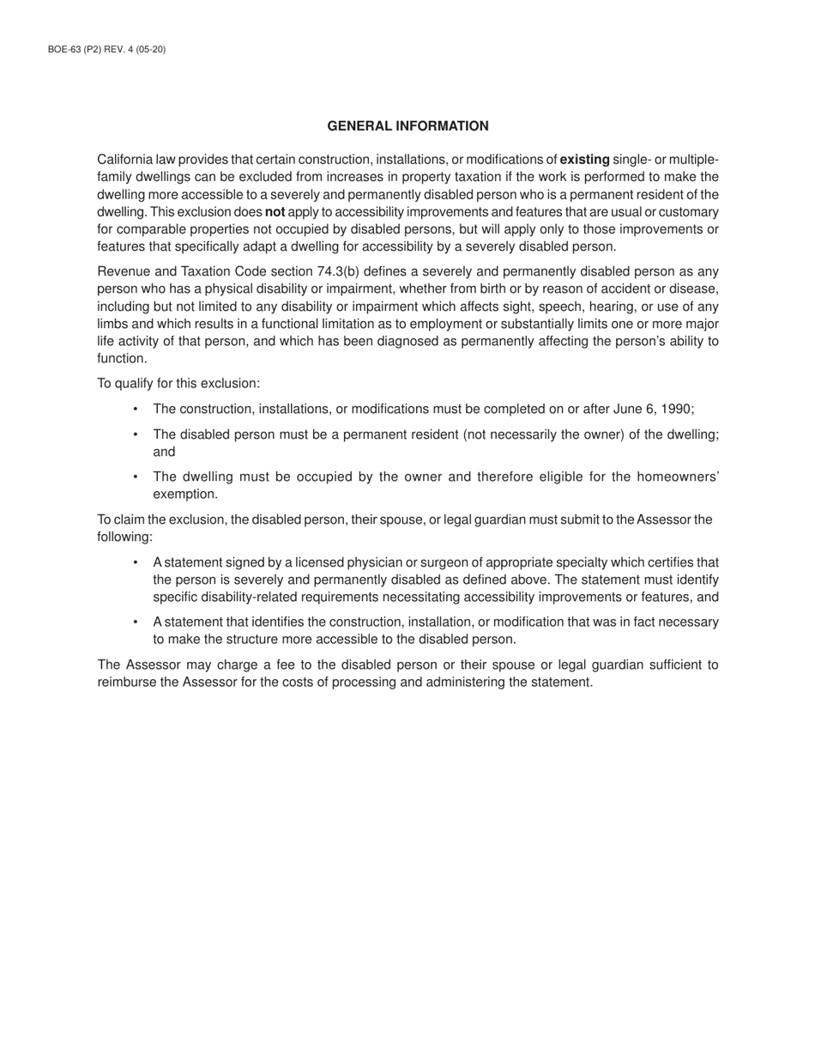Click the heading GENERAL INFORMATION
click(x=407, y=126)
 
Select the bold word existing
click(x=584, y=160)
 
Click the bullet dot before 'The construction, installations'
click(x=136, y=410)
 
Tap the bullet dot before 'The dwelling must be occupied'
click(x=136, y=476)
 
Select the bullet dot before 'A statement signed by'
click(x=136, y=562)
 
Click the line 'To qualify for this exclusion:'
click(x=178, y=383)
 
